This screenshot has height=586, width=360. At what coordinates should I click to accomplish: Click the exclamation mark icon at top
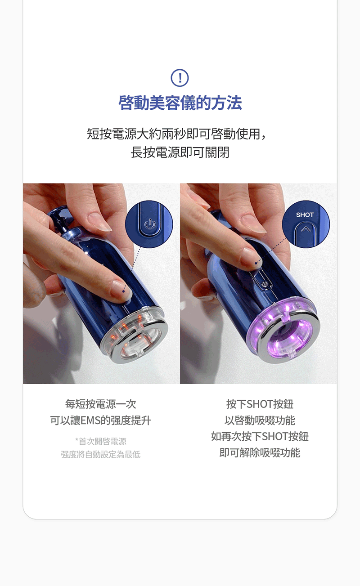(x=180, y=78)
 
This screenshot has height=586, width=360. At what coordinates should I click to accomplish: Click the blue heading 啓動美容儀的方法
(x=180, y=103)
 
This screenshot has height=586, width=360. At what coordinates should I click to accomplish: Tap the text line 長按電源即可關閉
(x=180, y=152)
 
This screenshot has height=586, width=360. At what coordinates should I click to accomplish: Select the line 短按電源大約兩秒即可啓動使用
(x=177, y=134)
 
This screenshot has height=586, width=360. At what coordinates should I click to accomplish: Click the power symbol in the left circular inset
(x=150, y=224)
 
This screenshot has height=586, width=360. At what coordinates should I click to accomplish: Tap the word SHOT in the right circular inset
(x=305, y=215)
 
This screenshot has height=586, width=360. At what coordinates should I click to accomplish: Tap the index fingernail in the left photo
(x=121, y=289)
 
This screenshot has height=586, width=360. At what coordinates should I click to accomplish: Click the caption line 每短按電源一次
(x=101, y=404)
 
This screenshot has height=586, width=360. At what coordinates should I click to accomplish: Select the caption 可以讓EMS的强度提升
(x=101, y=420)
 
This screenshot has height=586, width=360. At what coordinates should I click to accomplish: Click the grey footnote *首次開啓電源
(x=101, y=441)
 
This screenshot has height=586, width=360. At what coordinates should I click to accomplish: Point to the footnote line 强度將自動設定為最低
(x=101, y=454)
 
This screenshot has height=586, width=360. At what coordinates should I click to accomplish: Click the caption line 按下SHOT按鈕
(x=260, y=404)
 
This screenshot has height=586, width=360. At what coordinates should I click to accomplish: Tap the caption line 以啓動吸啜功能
(x=260, y=420)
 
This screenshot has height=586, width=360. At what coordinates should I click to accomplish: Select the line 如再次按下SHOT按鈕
(x=260, y=436)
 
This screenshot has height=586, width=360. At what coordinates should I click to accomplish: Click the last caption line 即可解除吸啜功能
(x=260, y=452)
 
